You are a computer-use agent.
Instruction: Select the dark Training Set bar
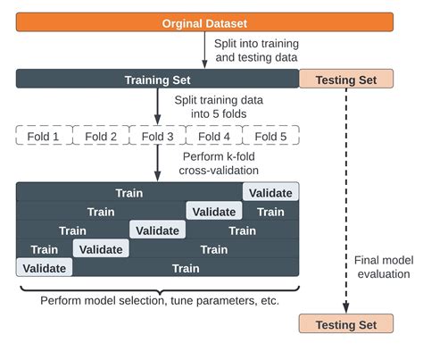tap(157, 80)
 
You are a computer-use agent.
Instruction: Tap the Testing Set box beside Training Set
tap(345, 80)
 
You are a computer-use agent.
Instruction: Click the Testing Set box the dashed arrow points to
tap(345, 324)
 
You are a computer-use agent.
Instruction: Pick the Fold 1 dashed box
tap(44, 137)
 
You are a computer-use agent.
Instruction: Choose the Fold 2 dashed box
tap(101, 137)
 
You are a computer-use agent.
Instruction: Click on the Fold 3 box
tap(157, 137)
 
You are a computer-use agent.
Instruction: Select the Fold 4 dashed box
tap(214, 137)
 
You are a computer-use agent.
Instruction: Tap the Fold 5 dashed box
tap(270, 137)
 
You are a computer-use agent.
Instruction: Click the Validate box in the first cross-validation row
tap(271, 192)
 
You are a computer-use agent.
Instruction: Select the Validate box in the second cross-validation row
tap(214, 212)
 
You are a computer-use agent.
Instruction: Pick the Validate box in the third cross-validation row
tap(157, 230)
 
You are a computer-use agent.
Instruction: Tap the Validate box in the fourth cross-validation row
tap(101, 249)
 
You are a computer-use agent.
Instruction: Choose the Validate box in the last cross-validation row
tap(44, 268)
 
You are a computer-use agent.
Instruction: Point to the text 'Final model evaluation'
tap(382, 267)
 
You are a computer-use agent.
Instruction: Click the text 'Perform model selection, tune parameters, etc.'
tap(160, 300)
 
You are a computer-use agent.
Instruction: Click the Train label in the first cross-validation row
tap(129, 192)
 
